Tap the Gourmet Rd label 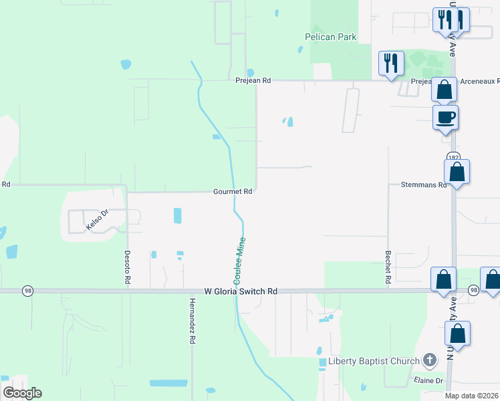click(x=233, y=191)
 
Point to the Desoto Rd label click(x=126, y=268)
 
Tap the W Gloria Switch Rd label click(x=241, y=291)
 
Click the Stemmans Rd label click(x=423, y=184)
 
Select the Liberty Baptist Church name click(x=373, y=362)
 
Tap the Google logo click(x=23, y=393)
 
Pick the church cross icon click(x=430, y=361)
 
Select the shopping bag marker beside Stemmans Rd click(x=457, y=172)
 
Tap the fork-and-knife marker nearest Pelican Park click(x=390, y=63)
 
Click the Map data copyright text click(x=472, y=396)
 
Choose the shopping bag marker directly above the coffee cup click(x=444, y=90)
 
